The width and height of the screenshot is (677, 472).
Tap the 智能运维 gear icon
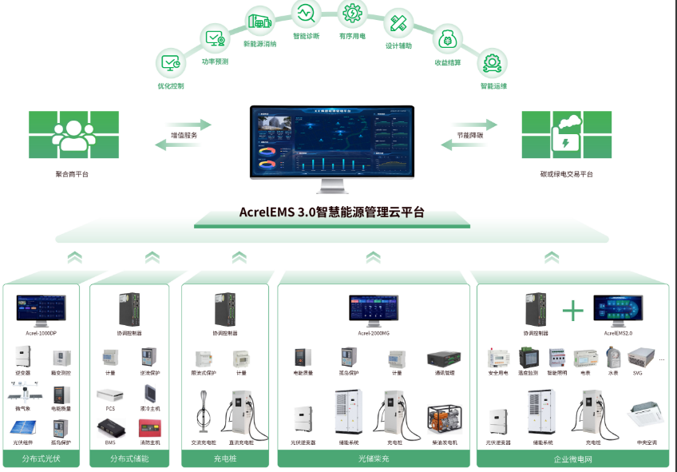[x=493, y=62]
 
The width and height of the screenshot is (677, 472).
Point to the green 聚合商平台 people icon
[x=74, y=135]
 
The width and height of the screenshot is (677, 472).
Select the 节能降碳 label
[x=469, y=135]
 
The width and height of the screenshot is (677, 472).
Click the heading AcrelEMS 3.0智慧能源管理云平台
[x=331, y=212]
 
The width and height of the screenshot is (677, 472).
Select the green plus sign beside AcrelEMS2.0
[x=573, y=310]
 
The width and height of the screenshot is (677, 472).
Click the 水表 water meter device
[x=612, y=357]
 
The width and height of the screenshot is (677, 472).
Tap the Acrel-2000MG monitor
[x=374, y=309]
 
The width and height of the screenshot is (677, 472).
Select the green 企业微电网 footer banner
[x=572, y=459]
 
